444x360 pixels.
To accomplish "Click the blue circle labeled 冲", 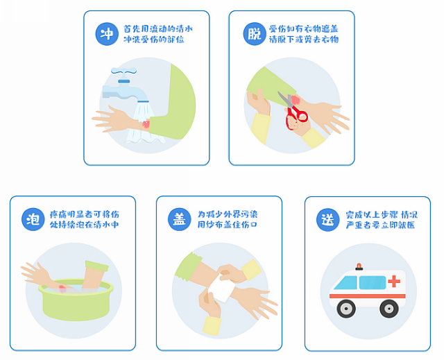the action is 107,34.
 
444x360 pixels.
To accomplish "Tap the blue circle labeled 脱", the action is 255,34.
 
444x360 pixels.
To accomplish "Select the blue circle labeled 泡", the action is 33,219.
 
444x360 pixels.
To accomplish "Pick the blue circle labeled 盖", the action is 180,219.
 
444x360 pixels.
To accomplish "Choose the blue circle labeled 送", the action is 328,220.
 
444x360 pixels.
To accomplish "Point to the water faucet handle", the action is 123,71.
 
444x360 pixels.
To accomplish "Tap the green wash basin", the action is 76,300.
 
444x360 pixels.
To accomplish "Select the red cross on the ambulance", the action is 394,281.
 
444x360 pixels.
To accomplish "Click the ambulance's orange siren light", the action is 359,266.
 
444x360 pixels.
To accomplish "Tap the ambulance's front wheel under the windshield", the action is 346,309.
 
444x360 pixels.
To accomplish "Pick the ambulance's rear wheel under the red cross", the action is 389,309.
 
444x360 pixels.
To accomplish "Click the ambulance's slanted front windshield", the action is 345,283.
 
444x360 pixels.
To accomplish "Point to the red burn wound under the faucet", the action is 146,124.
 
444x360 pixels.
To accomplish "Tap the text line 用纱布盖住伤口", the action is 227,225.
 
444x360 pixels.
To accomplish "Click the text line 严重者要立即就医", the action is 380,225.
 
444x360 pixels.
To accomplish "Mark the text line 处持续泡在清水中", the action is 84,225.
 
